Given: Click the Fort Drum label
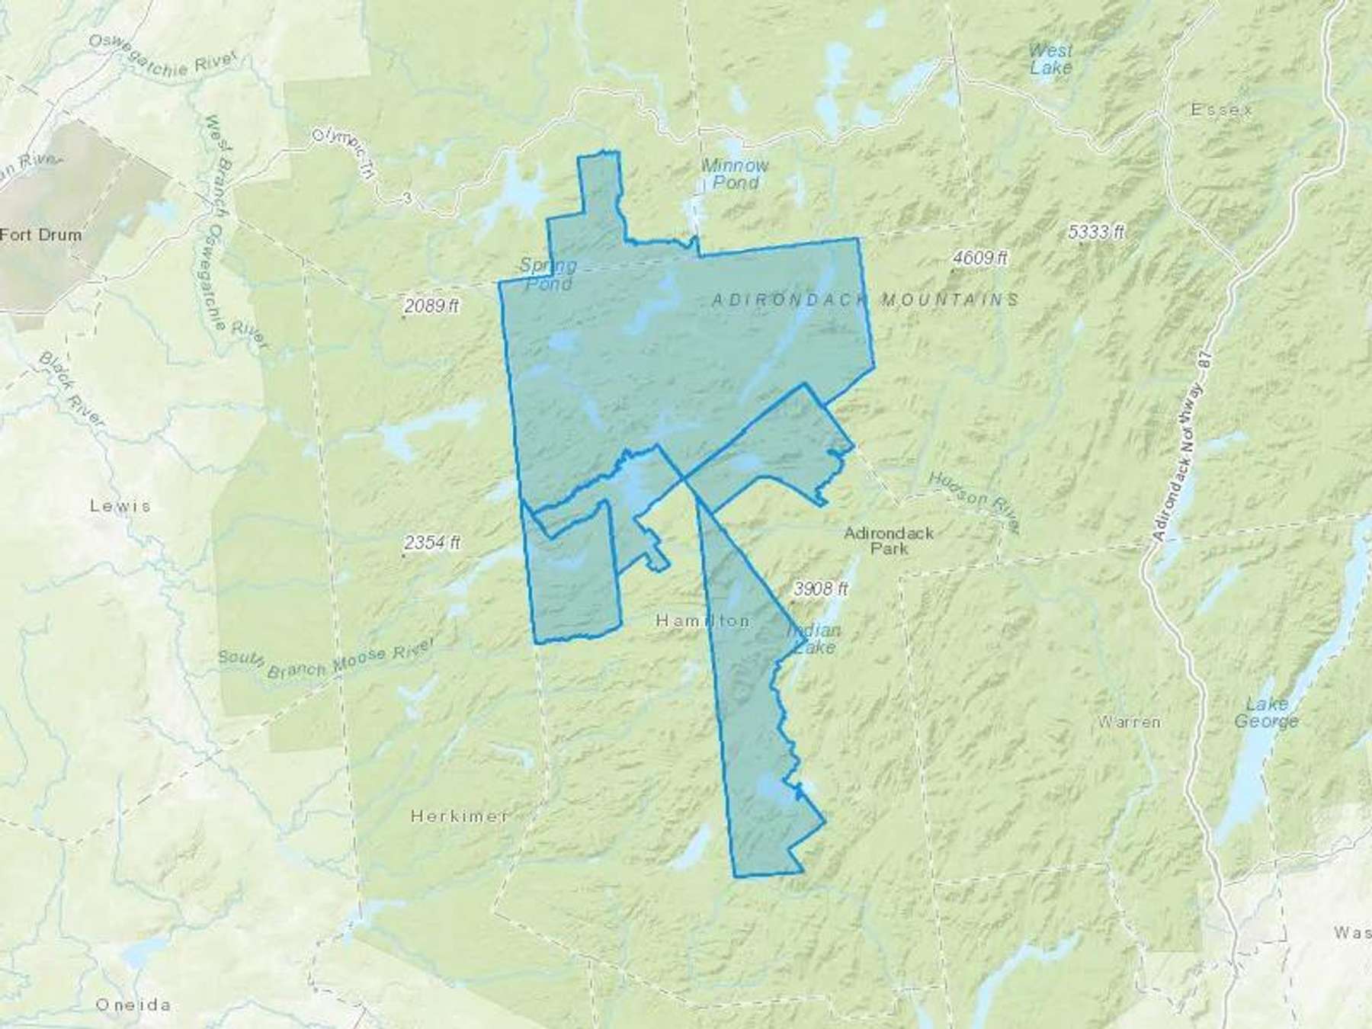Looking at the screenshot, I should (x=40, y=234).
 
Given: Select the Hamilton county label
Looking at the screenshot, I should (x=702, y=621).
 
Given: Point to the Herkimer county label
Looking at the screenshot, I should (x=460, y=816).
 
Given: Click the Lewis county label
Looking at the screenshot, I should (x=120, y=505).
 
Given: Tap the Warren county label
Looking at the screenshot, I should (x=1130, y=721).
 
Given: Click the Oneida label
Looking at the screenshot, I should (x=133, y=1005).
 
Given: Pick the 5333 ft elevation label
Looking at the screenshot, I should (x=1096, y=232).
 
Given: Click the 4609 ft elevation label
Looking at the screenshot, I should (x=979, y=258).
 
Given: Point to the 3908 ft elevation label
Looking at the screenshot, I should (x=820, y=588).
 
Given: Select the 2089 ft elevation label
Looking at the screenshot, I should (x=432, y=306).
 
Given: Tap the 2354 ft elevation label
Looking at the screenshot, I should (x=432, y=543).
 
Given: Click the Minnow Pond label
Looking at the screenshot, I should (x=735, y=174).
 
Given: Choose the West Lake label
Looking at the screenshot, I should (x=1050, y=59).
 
